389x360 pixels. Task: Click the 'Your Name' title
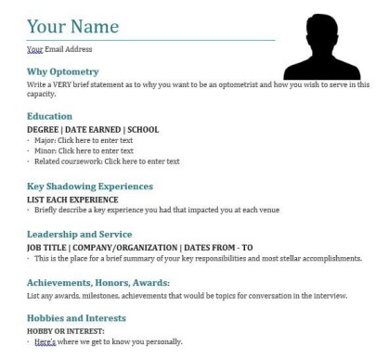tap(72, 26)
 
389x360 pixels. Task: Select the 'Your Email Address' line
tap(59, 49)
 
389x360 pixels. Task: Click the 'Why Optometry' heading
tap(63, 71)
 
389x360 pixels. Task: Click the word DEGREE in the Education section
tap(43, 128)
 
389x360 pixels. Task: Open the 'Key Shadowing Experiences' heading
tap(90, 186)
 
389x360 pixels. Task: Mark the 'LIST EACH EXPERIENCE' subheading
tap(72, 199)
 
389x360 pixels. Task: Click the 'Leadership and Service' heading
tap(80, 234)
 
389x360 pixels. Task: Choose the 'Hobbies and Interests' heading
tap(77, 317)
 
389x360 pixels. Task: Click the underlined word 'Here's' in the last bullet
tap(45, 341)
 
